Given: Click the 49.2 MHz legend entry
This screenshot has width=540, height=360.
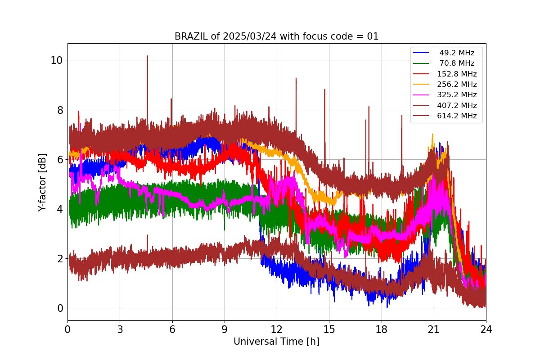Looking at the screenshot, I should pos(457,53).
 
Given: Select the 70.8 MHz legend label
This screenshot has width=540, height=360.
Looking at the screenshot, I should pos(457,63).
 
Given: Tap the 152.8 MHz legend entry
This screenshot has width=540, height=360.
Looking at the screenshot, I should pos(457,74).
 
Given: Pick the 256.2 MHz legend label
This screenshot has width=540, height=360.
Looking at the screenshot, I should pos(457,84).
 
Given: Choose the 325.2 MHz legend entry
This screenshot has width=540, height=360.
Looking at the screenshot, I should pos(457,95).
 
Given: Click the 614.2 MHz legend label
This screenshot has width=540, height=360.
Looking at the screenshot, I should pos(457,116).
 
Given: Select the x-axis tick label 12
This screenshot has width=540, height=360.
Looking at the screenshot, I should pos(277,329).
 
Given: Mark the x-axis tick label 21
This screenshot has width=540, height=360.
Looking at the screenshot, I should pos(433,329).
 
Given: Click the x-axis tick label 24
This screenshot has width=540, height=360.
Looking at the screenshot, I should pos(486,329).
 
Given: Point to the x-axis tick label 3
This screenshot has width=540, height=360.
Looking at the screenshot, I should pos(120,329).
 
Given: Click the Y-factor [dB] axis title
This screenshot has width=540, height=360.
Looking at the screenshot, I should pos(42,182).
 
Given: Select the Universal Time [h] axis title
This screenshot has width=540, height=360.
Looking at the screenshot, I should pos(276,342).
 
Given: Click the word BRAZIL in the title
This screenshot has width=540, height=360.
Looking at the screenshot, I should pos(191,36).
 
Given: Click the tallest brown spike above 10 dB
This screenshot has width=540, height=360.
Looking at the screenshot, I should pos(147,57).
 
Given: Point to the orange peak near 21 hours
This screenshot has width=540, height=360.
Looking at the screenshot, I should pos(432,135).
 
